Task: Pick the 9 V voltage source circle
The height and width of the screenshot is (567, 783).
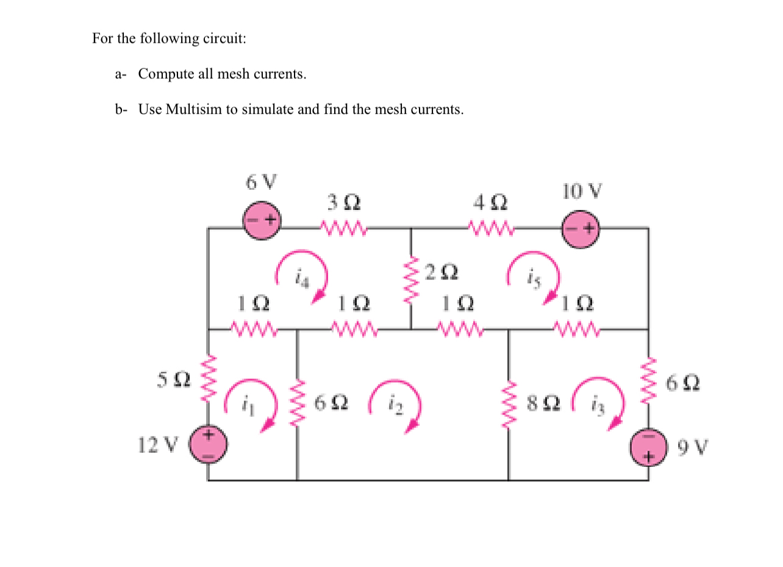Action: pos(648,448)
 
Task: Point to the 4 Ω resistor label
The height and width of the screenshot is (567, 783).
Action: pos(490,201)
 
